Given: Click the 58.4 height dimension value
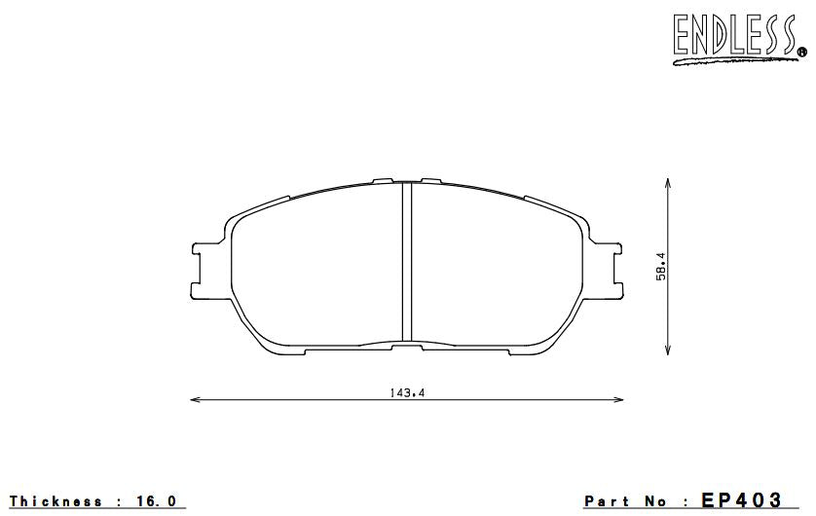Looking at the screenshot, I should [660, 267].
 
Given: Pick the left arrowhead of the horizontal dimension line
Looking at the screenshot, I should [194, 399].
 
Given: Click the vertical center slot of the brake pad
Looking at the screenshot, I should [407, 261].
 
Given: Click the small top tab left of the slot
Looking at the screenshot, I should [382, 181].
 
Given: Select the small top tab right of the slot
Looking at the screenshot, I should [431, 181].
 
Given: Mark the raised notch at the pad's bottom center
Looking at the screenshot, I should [406, 344].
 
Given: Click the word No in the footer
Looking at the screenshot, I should [654, 501].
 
